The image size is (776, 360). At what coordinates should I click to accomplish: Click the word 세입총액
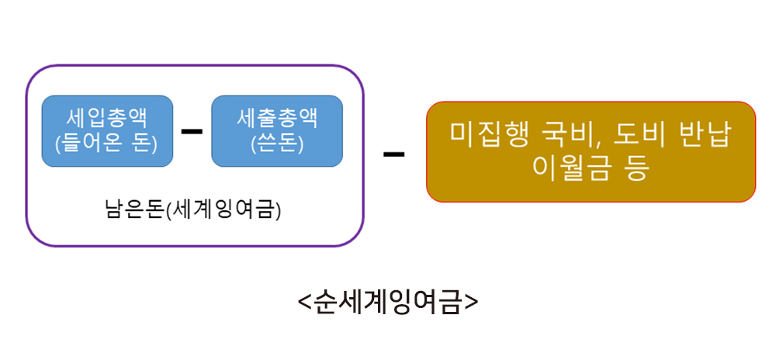click(x=107, y=119)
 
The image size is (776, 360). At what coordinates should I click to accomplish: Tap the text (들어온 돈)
click(x=107, y=144)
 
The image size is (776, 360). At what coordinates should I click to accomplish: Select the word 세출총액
click(x=277, y=119)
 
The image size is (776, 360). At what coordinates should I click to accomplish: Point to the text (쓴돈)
click(x=277, y=144)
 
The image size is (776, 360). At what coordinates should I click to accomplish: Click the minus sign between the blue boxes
click(x=191, y=130)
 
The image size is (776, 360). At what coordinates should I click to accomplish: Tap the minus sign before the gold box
click(x=393, y=153)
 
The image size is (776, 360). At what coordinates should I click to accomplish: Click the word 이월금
click(x=566, y=168)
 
